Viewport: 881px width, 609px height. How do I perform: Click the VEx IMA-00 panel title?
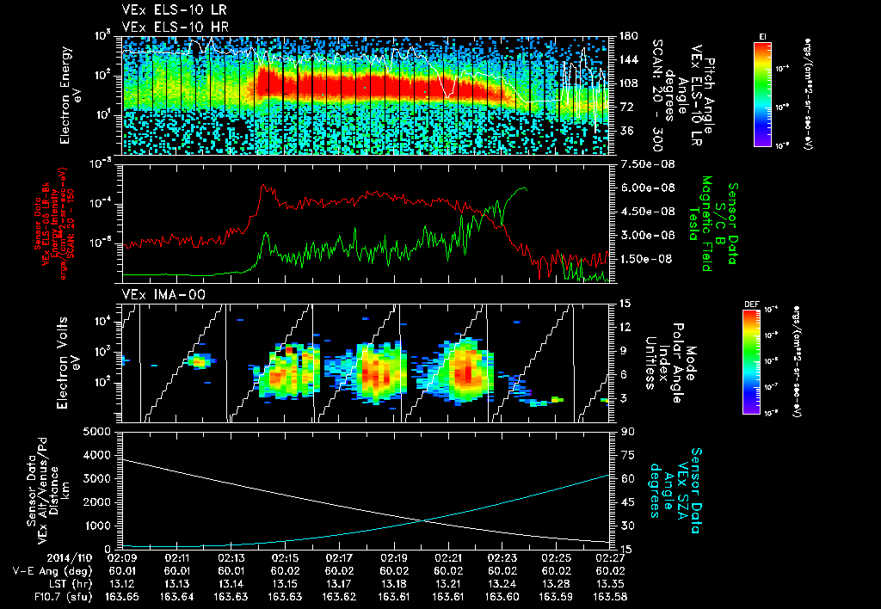pos(156,294)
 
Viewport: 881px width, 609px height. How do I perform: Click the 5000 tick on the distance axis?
pos(101,431)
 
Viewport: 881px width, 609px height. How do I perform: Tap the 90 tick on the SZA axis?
pos(625,431)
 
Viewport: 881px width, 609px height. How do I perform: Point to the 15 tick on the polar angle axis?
pos(625,303)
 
